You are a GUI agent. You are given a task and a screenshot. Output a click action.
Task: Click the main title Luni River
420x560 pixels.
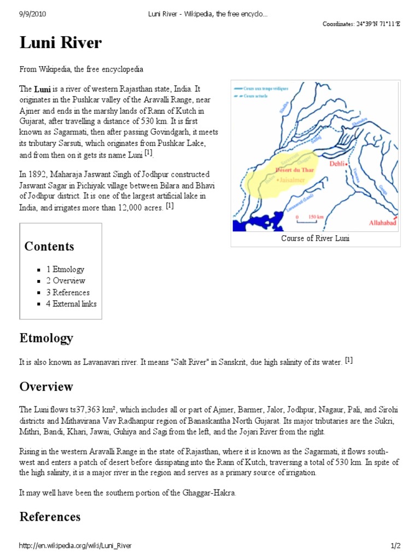[x=61, y=43]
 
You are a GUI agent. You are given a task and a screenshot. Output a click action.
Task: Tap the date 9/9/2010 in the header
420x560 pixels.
[x=31, y=14]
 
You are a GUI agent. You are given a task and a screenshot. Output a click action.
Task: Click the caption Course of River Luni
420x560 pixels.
[x=315, y=238]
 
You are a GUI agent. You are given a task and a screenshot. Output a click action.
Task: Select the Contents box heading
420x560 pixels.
[x=49, y=246]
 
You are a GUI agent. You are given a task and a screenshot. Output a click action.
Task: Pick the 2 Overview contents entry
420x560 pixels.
[x=66, y=281]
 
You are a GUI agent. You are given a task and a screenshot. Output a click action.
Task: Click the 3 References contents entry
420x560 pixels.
[x=68, y=292]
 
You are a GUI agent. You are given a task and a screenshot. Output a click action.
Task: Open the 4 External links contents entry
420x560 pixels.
[x=71, y=304]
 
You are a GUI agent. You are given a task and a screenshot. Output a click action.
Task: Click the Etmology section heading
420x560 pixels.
[x=46, y=338]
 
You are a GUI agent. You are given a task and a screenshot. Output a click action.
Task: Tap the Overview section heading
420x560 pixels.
[x=46, y=387]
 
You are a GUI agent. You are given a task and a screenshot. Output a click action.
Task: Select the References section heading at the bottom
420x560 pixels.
[x=50, y=516]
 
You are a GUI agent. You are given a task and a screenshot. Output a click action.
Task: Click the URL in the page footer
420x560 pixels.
[x=75, y=546]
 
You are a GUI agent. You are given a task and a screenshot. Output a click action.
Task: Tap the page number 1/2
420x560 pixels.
[x=396, y=546]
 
